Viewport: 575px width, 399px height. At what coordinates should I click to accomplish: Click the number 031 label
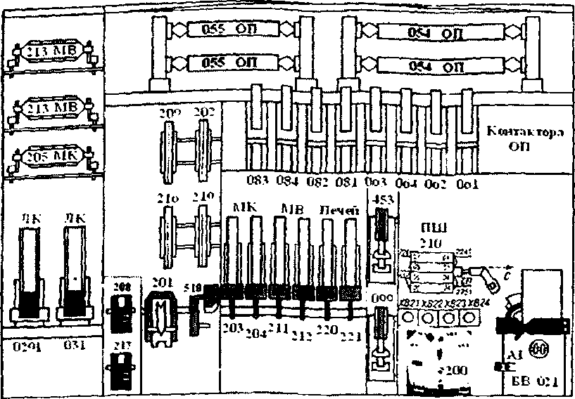(74, 345)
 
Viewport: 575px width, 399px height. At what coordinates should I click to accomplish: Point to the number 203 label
(232, 327)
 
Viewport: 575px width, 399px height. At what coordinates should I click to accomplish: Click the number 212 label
(303, 333)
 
